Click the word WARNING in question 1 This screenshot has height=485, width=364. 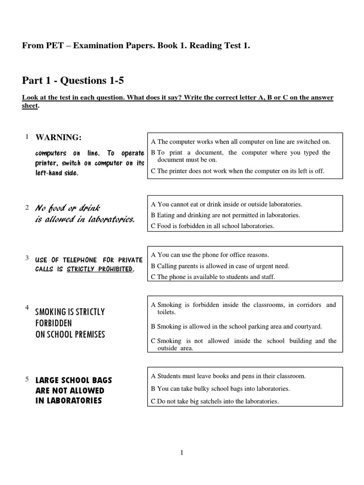[x=59, y=137]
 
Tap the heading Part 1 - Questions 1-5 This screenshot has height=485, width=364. [x=73, y=81]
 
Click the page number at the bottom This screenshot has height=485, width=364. [x=182, y=453]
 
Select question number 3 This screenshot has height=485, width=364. [x=27, y=258]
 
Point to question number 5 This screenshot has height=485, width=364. [x=27, y=379]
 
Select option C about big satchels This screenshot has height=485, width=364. [x=215, y=401]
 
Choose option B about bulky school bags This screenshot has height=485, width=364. [x=220, y=389]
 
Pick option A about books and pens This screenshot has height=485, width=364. [x=228, y=376]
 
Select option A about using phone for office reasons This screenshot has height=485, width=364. [x=210, y=255]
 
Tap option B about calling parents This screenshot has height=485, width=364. [x=220, y=266]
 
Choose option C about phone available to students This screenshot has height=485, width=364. [x=213, y=277]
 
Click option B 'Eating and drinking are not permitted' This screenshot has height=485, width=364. [x=225, y=215]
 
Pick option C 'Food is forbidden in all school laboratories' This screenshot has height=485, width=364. [x=213, y=226]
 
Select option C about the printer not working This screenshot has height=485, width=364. [x=237, y=171]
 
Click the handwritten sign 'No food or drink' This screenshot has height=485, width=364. [x=68, y=208]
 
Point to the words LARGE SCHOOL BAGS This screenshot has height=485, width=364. [x=74, y=380]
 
